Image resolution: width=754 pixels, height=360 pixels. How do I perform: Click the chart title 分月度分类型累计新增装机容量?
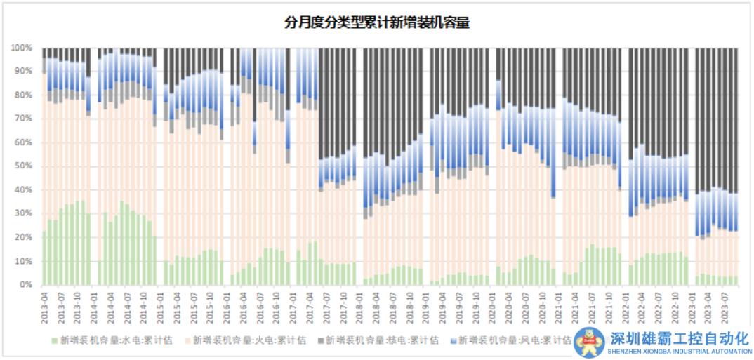tap(376, 23)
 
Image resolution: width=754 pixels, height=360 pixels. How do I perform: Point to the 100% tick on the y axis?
tap(21, 48)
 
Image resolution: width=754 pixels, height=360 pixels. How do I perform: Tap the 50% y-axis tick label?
tap(23, 166)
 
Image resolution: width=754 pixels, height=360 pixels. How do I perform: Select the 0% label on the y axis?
tap(26, 285)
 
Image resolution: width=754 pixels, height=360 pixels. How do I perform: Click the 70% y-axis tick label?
tap(23, 119)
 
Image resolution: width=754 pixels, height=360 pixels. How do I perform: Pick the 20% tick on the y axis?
tap(23, 237)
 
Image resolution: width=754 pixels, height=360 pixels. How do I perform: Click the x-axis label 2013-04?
tap(45, 306)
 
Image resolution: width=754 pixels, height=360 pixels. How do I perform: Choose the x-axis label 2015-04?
tap(176, 306)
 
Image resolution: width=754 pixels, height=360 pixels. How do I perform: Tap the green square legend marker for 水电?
tap(55, 340)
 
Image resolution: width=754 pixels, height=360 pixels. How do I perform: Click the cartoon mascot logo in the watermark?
tap(588, 342)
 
